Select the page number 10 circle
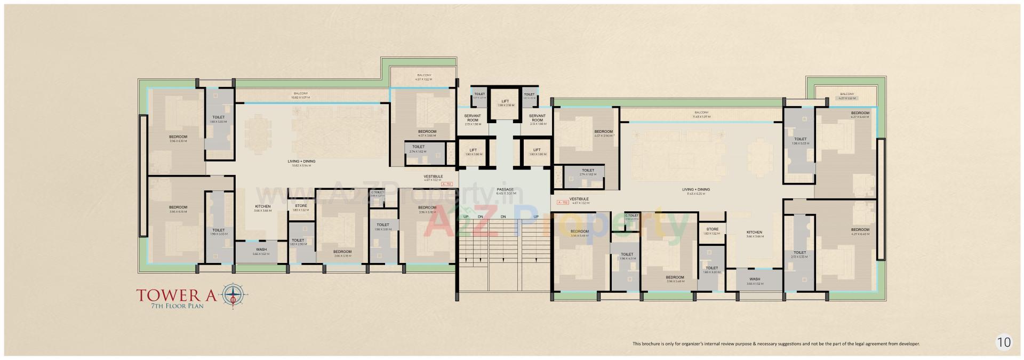tap(1003, 342)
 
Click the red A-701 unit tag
tap(446, 185)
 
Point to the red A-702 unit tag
tap(562, 203)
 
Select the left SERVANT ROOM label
tap(473, 118)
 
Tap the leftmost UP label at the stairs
tap(466, 217)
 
